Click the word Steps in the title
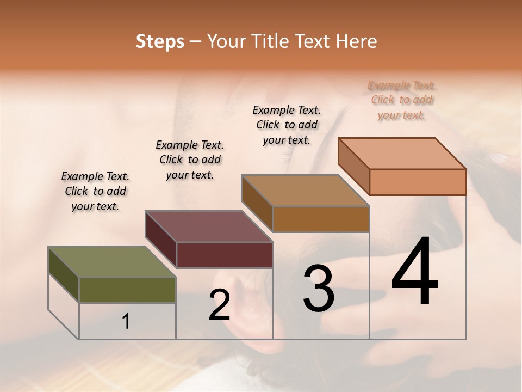160,41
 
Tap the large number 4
414,272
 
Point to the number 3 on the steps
318,289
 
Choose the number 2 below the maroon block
219,305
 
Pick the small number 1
126,322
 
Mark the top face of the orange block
402,153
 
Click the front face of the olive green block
127,290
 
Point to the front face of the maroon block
225,255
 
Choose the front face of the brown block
321,219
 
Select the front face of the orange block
418,182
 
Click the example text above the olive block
95,191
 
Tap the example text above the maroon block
190,160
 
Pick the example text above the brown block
287,125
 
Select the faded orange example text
402,100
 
